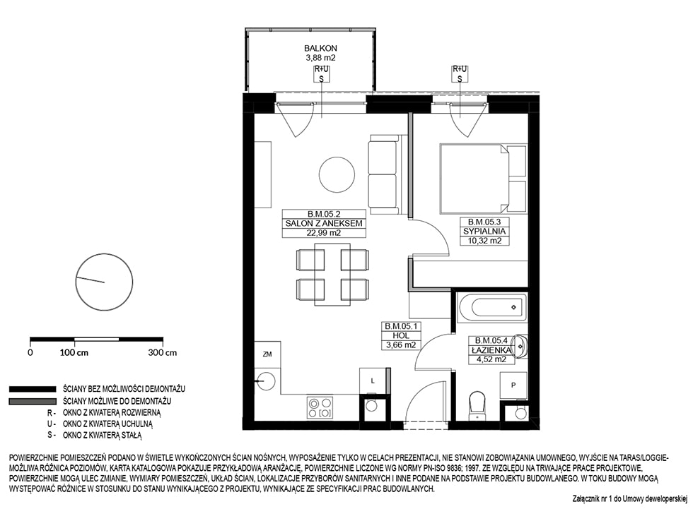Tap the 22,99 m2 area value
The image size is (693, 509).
(324, 233)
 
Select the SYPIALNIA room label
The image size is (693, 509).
(484, 231)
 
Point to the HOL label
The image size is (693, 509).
(400, 335)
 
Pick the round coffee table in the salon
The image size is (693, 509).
(337, 174)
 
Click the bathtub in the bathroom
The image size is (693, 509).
(492, 307)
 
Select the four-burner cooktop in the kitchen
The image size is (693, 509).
(320, 407)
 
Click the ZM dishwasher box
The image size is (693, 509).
(267, 354)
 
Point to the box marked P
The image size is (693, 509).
(513, 385)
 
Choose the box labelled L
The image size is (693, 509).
(373, 381)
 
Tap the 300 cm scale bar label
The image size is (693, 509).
(163, 353)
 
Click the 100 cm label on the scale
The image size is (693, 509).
(74, 353)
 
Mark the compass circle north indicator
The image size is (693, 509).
(105, 282)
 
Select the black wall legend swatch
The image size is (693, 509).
(33, 389)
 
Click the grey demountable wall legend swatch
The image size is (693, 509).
(33, 402)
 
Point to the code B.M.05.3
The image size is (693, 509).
(484, 222)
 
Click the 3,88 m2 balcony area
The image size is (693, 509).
(321, 58)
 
